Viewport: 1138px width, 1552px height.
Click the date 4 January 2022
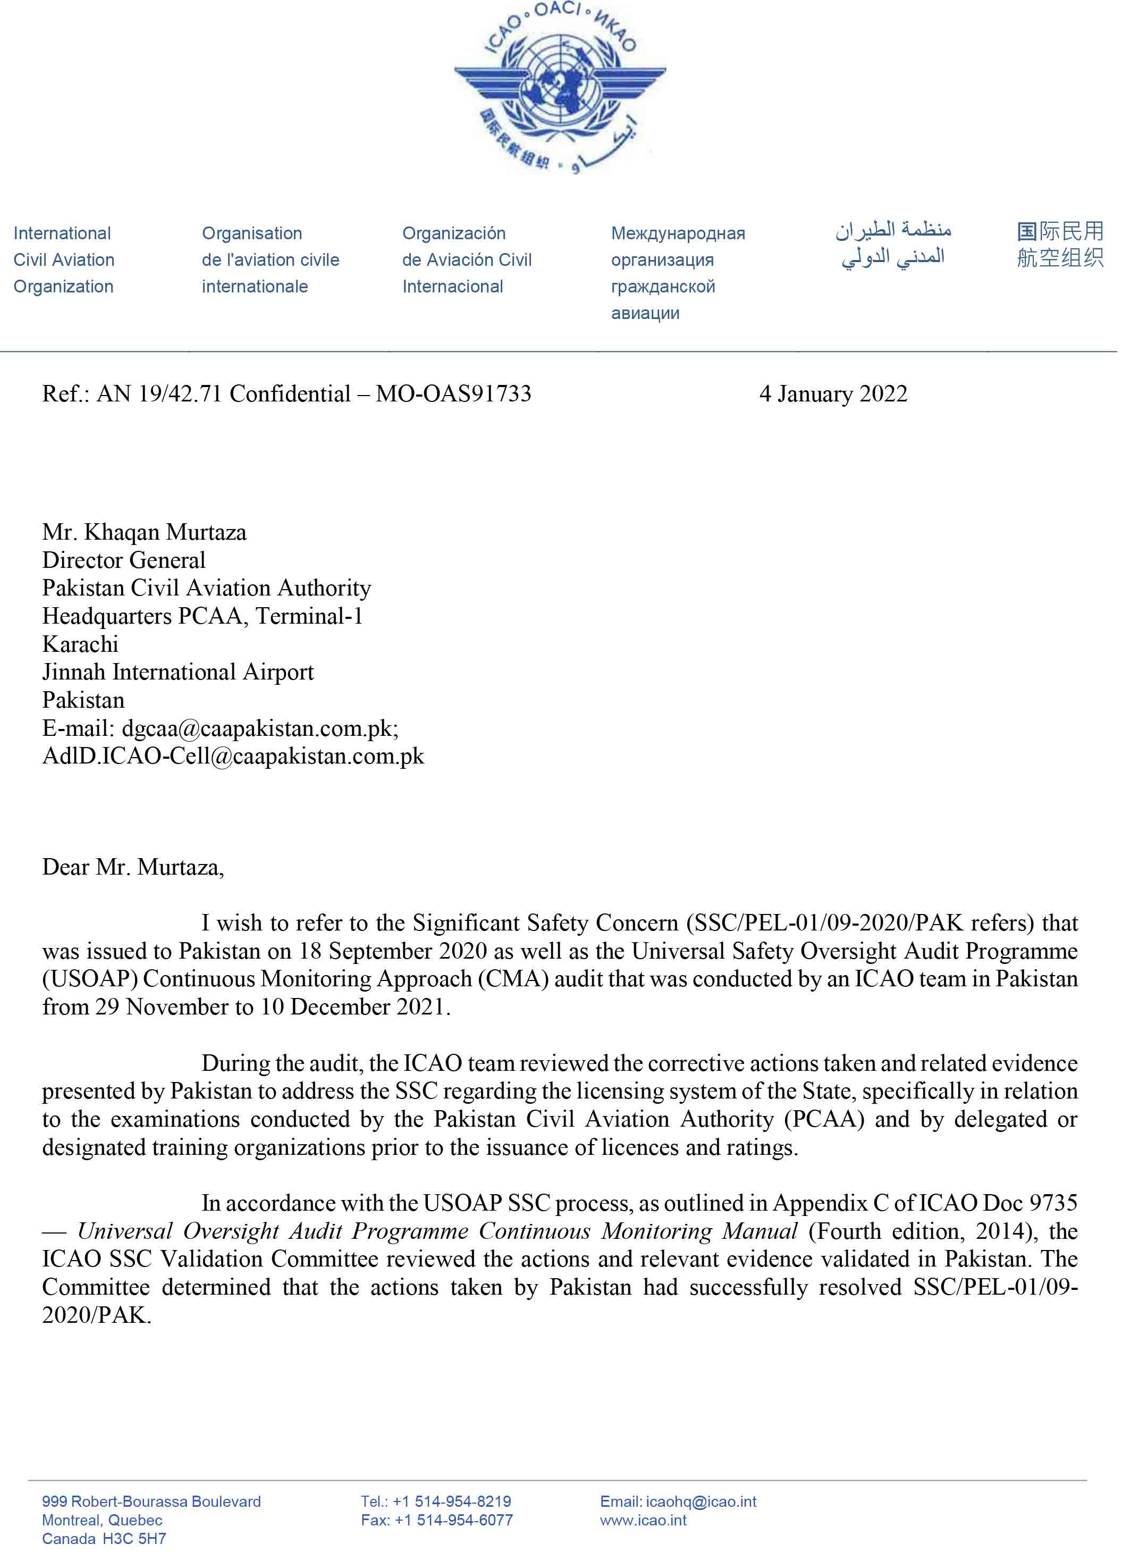[x=833, y=394]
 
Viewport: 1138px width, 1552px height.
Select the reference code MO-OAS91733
[x=453, y=394]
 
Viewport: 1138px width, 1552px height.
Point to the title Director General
[x=123, y=560]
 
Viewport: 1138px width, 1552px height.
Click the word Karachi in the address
[x=80, y=644]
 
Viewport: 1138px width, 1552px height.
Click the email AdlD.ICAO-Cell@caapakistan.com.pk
[x=233, y=757]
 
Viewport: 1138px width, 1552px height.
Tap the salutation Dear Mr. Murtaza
[x=133, y=867]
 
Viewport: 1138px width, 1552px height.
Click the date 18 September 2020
[x=393, y=952]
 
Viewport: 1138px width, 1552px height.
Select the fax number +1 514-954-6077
[x=453, y=1520]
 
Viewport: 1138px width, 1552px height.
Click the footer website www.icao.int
[x=643, y=1520]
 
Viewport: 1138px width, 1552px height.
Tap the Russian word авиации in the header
[x=645, y=314]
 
